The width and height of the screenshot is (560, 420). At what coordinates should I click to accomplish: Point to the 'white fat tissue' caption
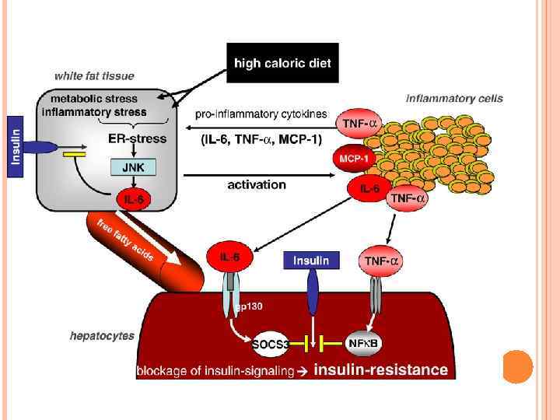(93, 76)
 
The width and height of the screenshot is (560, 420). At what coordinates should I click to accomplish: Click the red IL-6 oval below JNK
(134, 200)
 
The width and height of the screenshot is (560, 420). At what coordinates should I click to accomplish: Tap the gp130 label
(249, 306)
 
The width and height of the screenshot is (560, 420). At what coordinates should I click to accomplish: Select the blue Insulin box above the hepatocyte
(310, 261)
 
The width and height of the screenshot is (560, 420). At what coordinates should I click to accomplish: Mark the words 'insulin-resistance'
(380, 370)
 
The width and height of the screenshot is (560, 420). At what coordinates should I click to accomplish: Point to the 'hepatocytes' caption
(102, 336)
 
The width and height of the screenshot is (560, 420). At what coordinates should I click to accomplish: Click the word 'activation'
(257, 185)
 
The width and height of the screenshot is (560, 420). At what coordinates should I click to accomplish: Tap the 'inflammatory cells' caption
(454, 99)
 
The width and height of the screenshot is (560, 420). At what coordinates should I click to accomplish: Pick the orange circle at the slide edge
(517, 366)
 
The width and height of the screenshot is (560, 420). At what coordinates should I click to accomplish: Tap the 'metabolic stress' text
(93, 100)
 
